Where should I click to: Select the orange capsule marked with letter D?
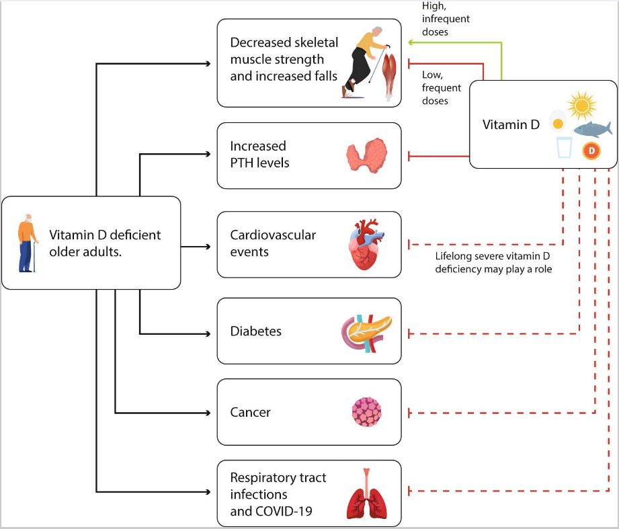pyautogui.click(x=591, y=151)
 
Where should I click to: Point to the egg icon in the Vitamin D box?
pyautogui.click(x=557, y=121)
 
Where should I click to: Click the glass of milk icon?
pyautogui.click(x=564, y=147)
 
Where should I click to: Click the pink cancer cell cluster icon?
pyautogui.click(x=366, y=411)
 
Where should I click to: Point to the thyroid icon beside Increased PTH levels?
pyautogui.click(x=366, y=157)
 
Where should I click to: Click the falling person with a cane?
pyautogui.click(x=364, y=62)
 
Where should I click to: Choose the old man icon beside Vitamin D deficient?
pyautogui.click(x=28, y=243)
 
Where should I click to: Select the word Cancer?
pyautogui.click(x=250, y=412)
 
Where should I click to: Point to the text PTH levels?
pyautogui.click(x=259, y=163)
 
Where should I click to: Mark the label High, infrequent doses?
pyautogui.click(x=446, y=19)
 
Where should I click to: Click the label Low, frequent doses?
pyautogui.click(x=442, y=87)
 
